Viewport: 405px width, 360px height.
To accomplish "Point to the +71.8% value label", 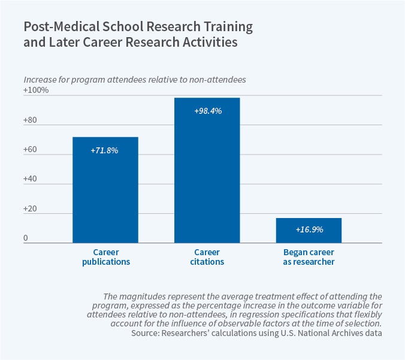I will click(105, 150).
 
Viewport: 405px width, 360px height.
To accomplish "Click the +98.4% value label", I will click(208, 111).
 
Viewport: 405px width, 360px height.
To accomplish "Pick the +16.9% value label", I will click(309, 229).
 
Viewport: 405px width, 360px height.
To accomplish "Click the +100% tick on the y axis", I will click(36, 90).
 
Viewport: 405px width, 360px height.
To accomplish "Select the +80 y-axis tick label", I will click(31, 120).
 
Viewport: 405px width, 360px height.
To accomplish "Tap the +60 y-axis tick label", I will click(31, 149).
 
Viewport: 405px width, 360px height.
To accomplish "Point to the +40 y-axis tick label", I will click(31, 179).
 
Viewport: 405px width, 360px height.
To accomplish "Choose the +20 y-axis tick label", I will click(31, 208).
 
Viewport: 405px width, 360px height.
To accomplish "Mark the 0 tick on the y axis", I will click(26, 238).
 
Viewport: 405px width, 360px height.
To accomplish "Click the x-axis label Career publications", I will click(105, 257).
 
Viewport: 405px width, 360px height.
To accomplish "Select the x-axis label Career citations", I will click(207, 257).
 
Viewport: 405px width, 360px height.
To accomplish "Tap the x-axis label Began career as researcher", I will click(309, 257).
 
